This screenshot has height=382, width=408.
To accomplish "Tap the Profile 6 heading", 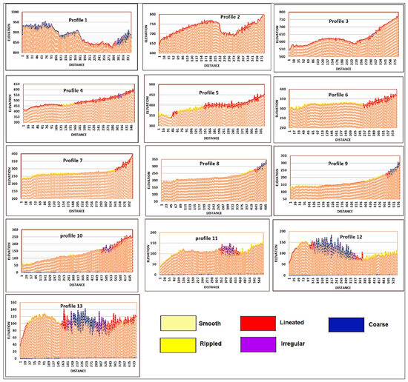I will click(x=342, y=87).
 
